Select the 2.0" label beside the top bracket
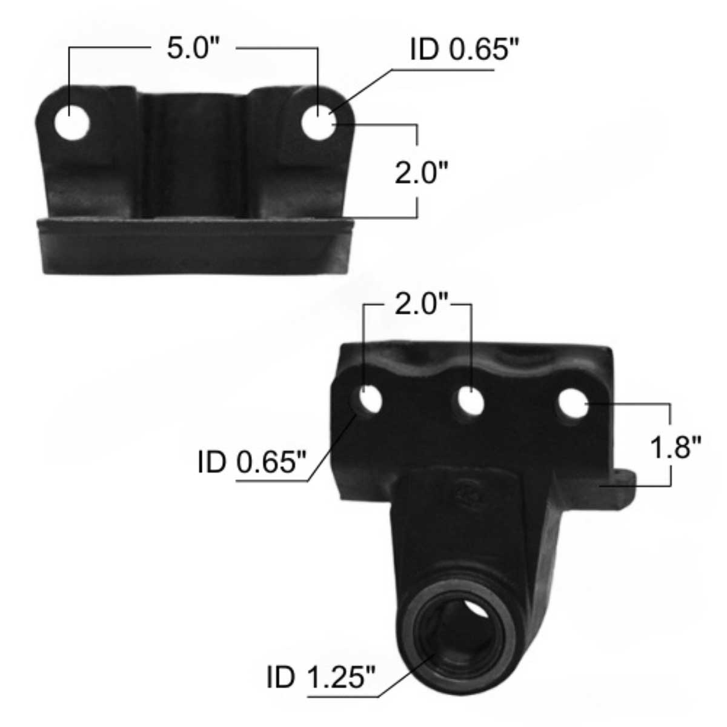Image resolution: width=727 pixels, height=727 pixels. click(x=420, y=173)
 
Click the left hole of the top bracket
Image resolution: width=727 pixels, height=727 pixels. click(x=71, y=123)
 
